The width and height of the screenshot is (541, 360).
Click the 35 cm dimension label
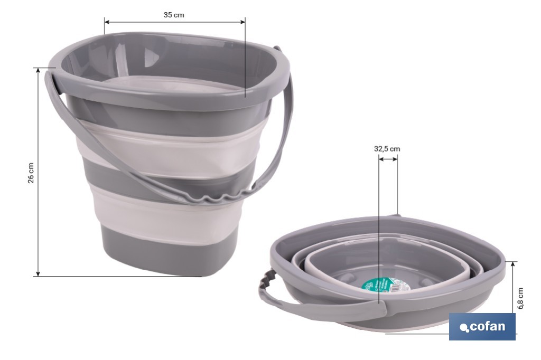coord(174,15)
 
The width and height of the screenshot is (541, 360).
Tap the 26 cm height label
coord(31,172)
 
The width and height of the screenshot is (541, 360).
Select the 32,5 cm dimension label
coord(387,149)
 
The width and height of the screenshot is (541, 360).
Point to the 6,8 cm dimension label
coord(520,298)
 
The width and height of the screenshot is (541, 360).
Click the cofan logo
coord(482,327)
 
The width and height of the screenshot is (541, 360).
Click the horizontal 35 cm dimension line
coord(175,22)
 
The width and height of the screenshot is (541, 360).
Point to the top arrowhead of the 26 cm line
coord(38,70)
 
